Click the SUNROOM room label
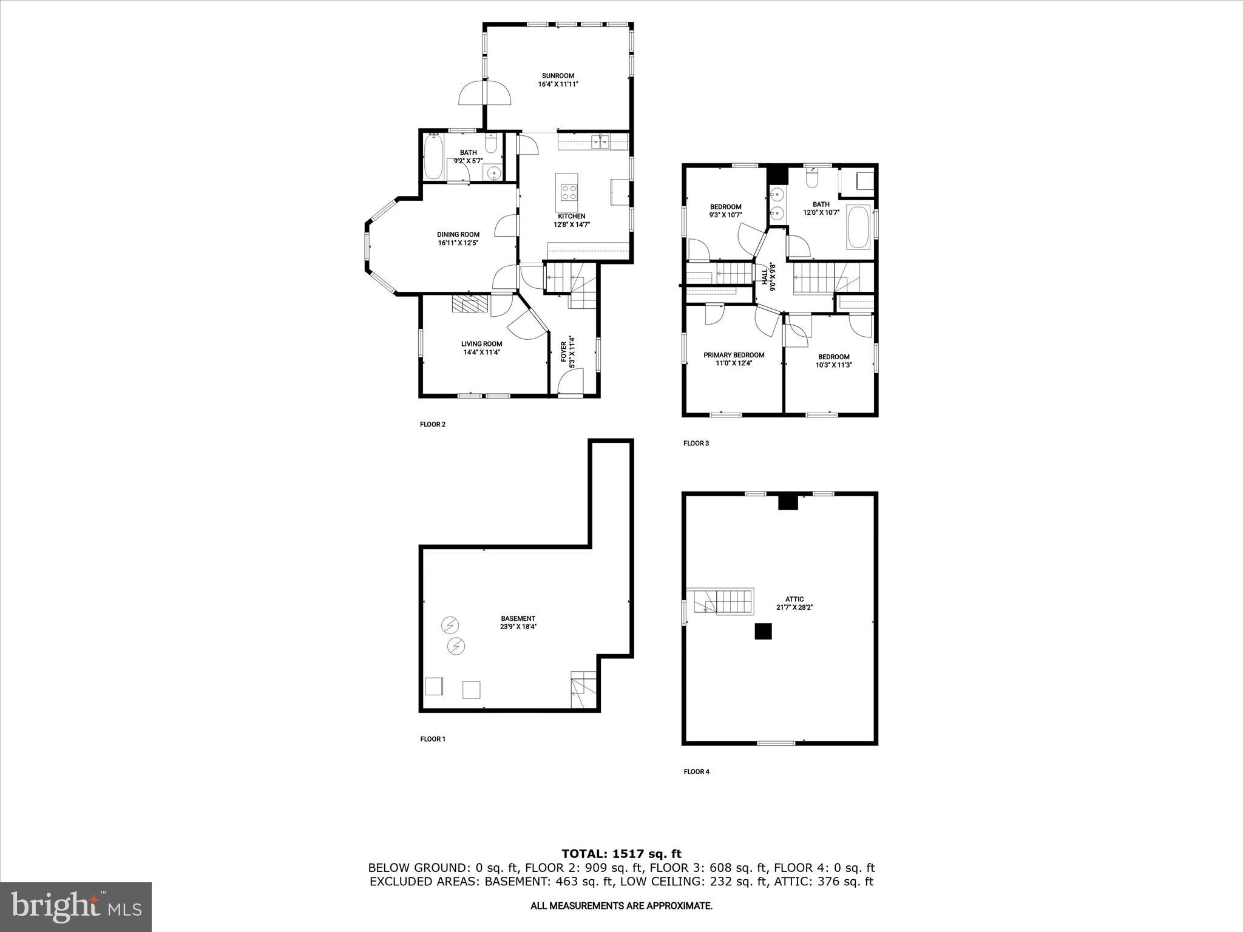[558, 76]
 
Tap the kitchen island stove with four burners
[569, 192]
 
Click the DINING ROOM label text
[458, 235]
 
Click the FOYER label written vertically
[563, 353]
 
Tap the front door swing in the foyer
[570, 384]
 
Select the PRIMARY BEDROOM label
[734, 355]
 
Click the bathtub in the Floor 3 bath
[858, 228]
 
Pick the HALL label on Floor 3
[765, 277]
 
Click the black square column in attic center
[764, 632]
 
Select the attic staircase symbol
[720, 601]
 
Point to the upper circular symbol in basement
[450, 624]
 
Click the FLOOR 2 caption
[433, 424]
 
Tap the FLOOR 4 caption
[696, 772]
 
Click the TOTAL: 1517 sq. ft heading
[621, 854]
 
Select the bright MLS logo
[76, 907]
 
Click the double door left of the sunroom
[485, 93]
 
